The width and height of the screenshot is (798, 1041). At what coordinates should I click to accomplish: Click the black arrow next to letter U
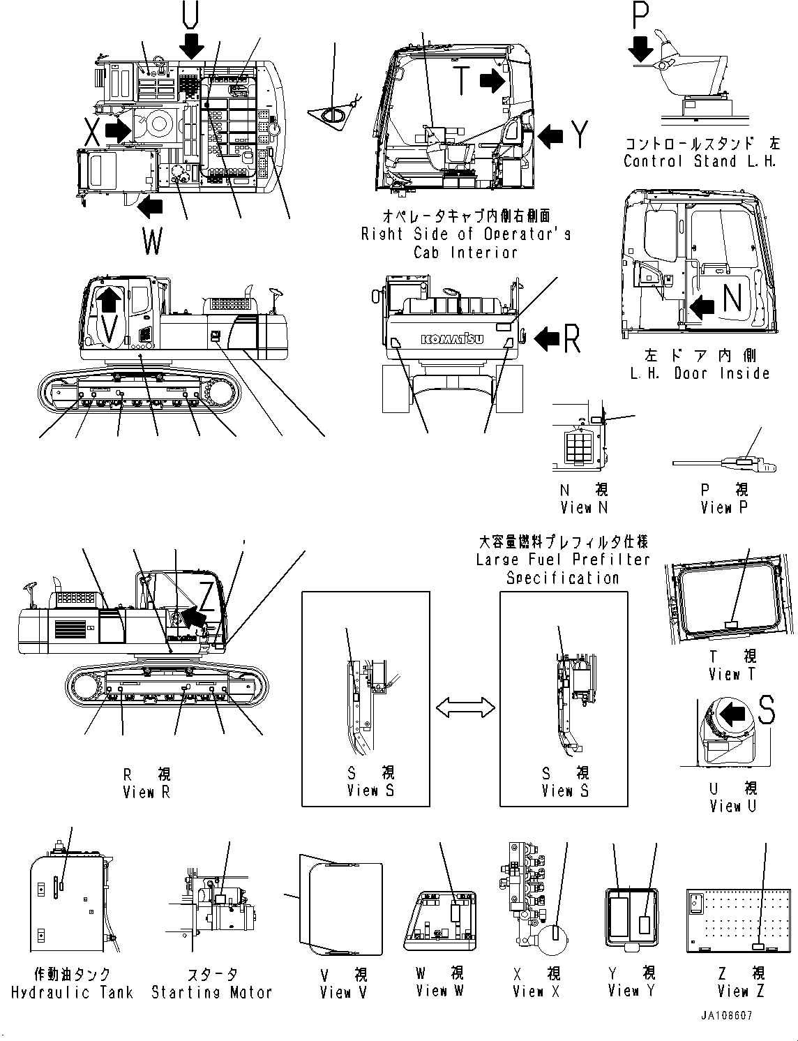click(191, 47)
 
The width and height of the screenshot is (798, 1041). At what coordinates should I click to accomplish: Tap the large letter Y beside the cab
click(579, 135)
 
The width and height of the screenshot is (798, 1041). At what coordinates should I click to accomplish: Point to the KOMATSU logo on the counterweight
click(453, 339)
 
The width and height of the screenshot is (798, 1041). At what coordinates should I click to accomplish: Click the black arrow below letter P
click(640, 50)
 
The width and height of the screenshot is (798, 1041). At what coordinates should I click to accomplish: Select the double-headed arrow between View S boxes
click(465, 709)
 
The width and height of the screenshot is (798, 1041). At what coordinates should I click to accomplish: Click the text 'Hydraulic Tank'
click(73, 992)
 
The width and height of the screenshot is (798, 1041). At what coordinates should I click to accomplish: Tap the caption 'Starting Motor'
click(211, 992)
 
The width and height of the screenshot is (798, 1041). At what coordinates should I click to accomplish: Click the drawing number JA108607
click(727, 1017)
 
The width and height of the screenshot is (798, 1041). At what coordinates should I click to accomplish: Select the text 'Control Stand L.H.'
click(700, 161)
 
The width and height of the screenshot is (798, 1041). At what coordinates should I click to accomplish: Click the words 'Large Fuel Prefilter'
click(563, 560)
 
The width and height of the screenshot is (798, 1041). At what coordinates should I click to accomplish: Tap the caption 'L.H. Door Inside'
click(700, 373)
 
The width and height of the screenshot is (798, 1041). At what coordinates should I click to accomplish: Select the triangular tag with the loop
click(333, 115)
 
